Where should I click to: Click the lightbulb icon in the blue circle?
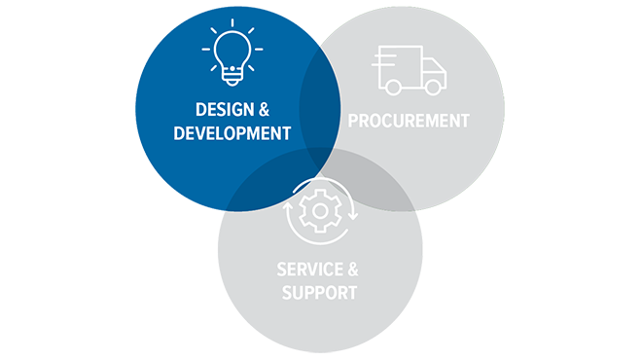pos(232,57)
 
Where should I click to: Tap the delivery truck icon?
pos(410,70)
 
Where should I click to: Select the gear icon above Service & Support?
pos(320,210)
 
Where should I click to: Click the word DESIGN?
pos(215,109)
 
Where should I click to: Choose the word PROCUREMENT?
pos(409,121)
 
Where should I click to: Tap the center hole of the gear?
pos(320,210)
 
